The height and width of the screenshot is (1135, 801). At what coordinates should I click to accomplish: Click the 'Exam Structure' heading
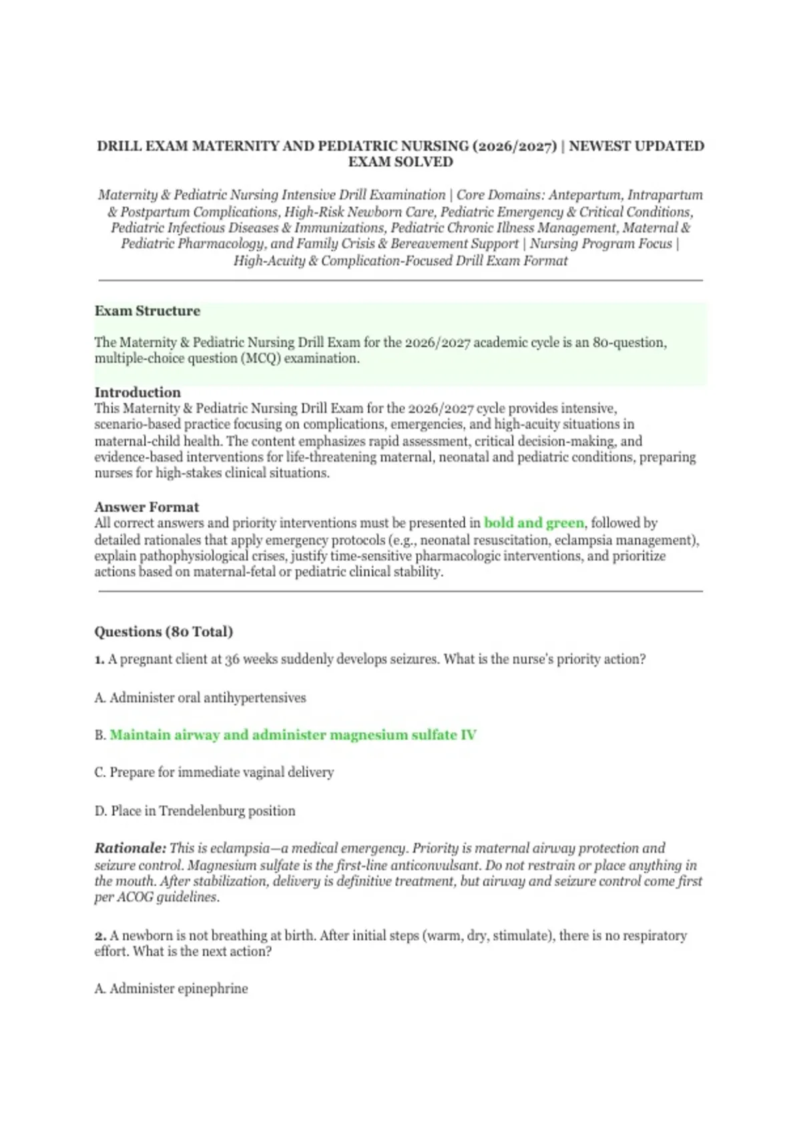point(148,311)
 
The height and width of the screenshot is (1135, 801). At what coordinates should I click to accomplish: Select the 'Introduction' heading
point(138,393)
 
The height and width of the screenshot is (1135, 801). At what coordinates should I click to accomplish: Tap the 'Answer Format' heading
point(147,507)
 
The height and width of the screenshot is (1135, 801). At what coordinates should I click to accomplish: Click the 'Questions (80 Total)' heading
point(164,632)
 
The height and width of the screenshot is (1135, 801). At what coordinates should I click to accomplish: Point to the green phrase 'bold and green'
point(533,523)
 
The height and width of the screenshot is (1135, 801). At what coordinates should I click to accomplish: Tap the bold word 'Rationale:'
point(130,849)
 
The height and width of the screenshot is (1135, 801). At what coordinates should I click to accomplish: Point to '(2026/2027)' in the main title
point(514,146)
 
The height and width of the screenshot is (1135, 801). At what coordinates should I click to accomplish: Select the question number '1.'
point(99,660)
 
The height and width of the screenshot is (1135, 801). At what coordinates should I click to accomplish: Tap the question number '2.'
point(100,936)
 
